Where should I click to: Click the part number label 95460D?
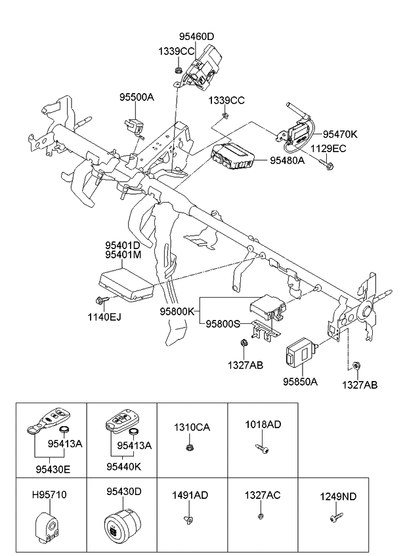click(196, 37)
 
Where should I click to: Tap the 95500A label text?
click(136, 97)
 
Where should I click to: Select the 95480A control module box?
click(232, 157)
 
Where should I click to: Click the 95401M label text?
click(122, 255)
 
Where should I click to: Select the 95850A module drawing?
click(299, 355)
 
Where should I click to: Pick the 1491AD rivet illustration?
click(187, 519)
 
